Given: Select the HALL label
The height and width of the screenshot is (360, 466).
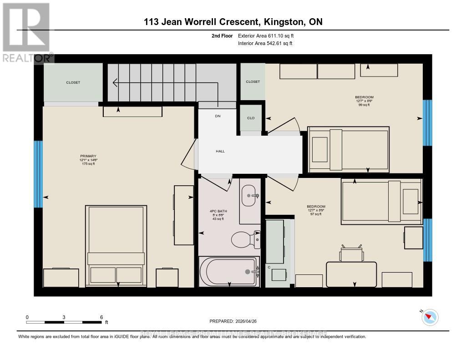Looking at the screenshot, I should click(220, 152).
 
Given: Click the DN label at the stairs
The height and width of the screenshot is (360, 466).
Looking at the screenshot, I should click(218, 117).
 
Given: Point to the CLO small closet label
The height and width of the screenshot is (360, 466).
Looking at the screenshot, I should click(251, 118).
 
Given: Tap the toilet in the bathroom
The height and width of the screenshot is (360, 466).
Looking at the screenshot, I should click(245, 238).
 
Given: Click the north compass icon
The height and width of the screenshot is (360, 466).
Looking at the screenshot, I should click(430, 317).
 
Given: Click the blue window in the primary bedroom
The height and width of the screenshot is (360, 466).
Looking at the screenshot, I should click(38, 174).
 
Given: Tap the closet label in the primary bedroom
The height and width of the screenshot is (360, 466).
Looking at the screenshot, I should click(73, 82).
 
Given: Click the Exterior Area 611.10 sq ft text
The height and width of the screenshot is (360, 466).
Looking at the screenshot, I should click(269, 35).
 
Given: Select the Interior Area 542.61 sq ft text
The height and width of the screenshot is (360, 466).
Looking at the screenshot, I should click(265, 44).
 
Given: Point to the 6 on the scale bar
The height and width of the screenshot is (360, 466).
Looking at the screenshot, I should click(101, 317).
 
